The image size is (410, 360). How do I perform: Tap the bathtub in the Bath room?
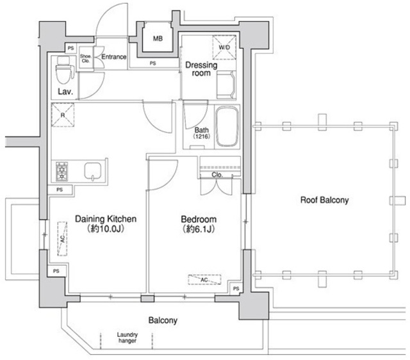pos(227,127)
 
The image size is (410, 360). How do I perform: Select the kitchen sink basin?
pos(92,171)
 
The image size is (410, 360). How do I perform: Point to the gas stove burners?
pos(61,172)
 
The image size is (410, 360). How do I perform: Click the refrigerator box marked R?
pos(63,115)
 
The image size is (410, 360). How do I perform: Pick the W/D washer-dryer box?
pos(224,47)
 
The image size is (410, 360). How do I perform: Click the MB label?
pos(158,38)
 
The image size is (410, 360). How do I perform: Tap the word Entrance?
pos(114,57)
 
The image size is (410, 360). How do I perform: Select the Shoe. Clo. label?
pos(86,58)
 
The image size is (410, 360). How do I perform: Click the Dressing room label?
pos(201,69)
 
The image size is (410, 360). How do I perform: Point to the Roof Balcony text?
pos(325,200)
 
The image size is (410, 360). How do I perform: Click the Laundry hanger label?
pos(127,338)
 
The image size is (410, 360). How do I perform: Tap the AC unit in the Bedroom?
pos(204,279)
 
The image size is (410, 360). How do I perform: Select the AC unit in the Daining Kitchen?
pos(62,238)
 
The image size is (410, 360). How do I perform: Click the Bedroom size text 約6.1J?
pos(199,229)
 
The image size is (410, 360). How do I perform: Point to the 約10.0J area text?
pos(106,229)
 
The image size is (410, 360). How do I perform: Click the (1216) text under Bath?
pos(202,136)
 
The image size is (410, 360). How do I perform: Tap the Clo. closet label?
pos(217,175)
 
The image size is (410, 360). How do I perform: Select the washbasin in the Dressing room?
pos(226,85)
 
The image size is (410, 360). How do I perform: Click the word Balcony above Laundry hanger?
pos(163,320)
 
